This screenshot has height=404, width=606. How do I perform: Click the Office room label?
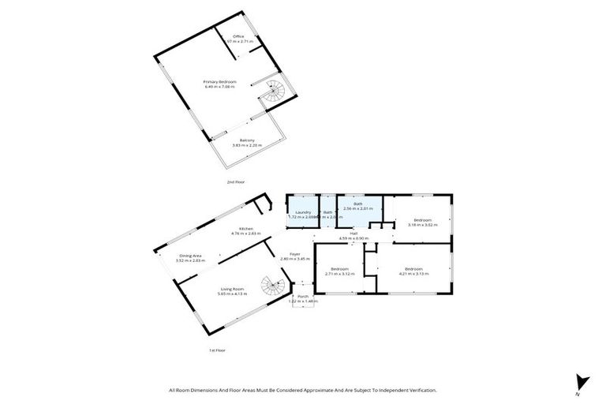click(238, 36)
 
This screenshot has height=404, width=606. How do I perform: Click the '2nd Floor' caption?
click(235, 182)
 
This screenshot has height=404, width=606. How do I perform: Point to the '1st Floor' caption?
click(216, 350)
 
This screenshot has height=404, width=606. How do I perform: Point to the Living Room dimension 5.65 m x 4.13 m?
click(233, 294)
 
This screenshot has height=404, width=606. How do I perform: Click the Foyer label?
click(294, 253)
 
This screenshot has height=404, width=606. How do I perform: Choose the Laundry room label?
click(303, 212)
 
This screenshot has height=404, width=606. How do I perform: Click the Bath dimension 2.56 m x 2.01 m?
click(358, 210)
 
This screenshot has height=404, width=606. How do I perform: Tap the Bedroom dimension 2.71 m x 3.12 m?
click(340, 274)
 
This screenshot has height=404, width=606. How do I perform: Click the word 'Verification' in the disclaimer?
click(418, 390)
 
